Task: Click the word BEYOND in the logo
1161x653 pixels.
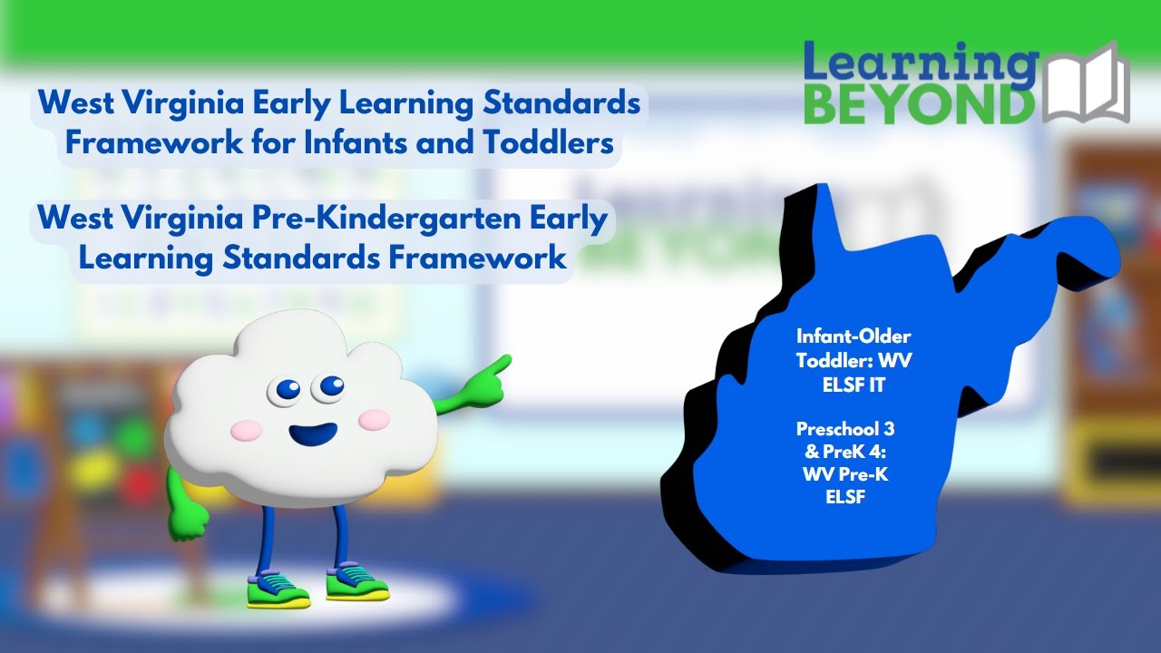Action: (919, 105)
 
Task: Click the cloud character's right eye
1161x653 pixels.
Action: (329, 387)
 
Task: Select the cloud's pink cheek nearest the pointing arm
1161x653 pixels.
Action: (374, 419)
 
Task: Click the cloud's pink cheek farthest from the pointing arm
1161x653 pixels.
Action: (245, 430)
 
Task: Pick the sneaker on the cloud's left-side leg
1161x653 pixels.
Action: (278, 589)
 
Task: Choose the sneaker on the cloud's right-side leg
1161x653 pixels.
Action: (357, 580)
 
